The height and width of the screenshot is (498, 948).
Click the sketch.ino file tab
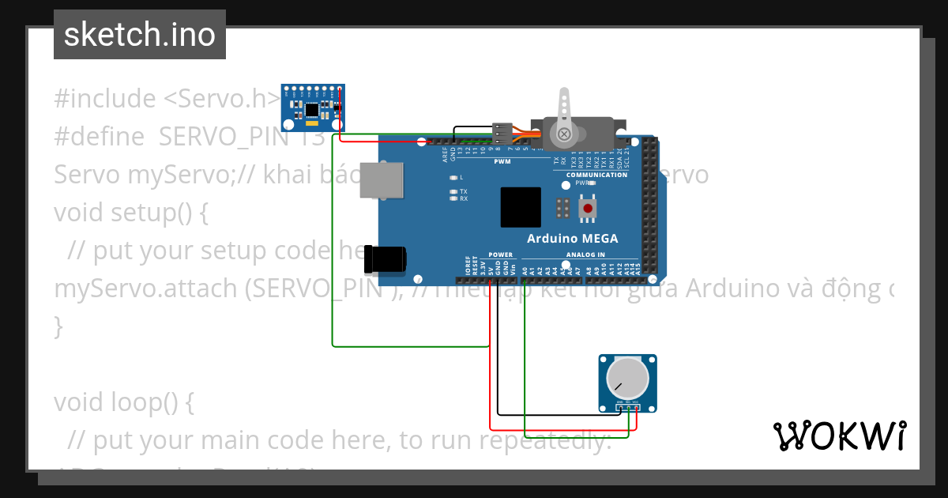pos(140,35)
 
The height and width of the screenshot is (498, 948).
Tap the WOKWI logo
pos(839,436)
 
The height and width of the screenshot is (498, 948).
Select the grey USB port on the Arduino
pos(381,179)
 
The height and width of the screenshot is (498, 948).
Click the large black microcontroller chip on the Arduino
pos(521,207)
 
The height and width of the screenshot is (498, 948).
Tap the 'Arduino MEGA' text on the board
pos(572,239)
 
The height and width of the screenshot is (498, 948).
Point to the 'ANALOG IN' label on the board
pos(585,255)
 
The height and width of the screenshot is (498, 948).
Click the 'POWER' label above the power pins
pos(501,255)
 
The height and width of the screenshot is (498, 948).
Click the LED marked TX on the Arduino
pos(453,191)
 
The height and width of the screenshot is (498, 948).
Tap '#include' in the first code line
pos(105,99)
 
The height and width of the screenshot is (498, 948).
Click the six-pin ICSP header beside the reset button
pos(563,209)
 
